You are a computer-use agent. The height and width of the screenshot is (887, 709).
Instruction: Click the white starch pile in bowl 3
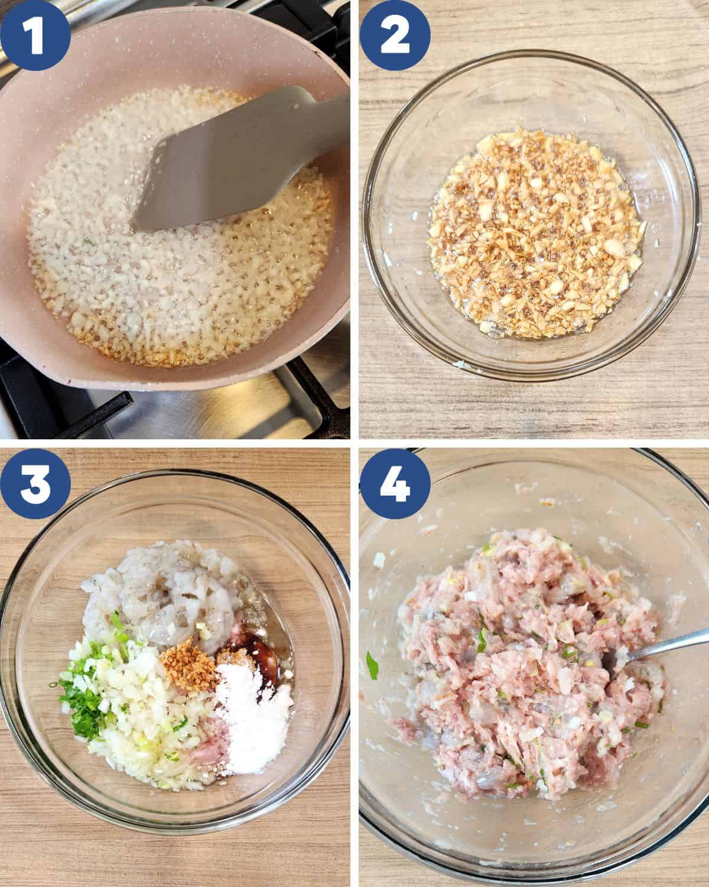254,686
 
